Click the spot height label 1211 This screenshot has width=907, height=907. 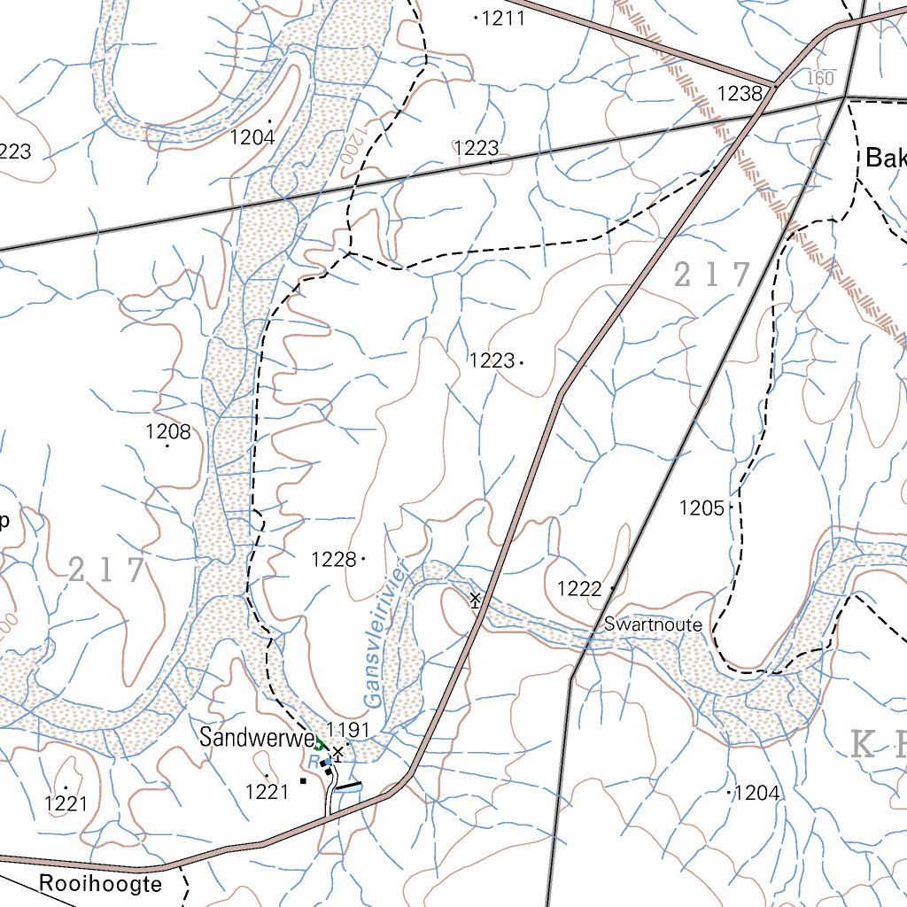503,18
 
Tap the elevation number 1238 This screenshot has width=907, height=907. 740,93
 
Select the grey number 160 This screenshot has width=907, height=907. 820,79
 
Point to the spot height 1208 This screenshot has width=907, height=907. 167,432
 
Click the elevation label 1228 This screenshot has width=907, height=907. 334,560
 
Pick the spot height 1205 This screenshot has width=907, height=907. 702,508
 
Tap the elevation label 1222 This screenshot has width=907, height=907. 579,589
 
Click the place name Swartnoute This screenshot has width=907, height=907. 653,625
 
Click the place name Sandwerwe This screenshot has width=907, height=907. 256,737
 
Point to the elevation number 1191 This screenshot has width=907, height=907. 348,730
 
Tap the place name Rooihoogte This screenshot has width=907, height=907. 100,884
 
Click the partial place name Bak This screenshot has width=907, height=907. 886,159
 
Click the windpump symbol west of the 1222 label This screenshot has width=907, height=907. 476,600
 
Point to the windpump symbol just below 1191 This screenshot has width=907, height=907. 337,752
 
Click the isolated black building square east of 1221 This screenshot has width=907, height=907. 303,781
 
